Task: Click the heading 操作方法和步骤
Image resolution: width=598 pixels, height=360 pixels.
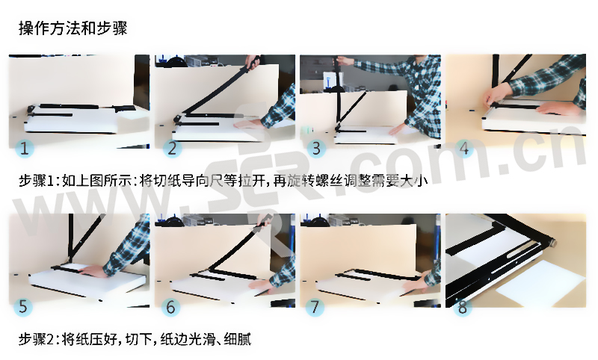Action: [73, 28]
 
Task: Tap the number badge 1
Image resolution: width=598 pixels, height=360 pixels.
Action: [25, 148]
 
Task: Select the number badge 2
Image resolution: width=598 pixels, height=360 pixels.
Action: [172, 148]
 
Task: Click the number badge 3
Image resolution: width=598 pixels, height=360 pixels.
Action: [316, 148]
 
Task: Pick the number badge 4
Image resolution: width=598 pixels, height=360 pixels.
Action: [463, 148]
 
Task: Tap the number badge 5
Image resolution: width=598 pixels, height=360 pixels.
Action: [23, 306]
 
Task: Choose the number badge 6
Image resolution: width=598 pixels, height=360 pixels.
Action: [170, 307]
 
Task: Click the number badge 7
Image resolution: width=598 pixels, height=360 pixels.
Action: [315, 307]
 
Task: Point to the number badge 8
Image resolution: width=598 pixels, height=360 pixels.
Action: [462, 307]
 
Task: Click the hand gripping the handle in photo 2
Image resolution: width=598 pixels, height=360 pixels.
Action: [252, 61]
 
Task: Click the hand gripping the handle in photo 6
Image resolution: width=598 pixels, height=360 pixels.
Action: [265, 220]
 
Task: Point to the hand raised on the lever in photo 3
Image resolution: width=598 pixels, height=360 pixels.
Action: [345, 60]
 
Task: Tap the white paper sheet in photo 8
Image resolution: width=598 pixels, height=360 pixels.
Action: [541, 282]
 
